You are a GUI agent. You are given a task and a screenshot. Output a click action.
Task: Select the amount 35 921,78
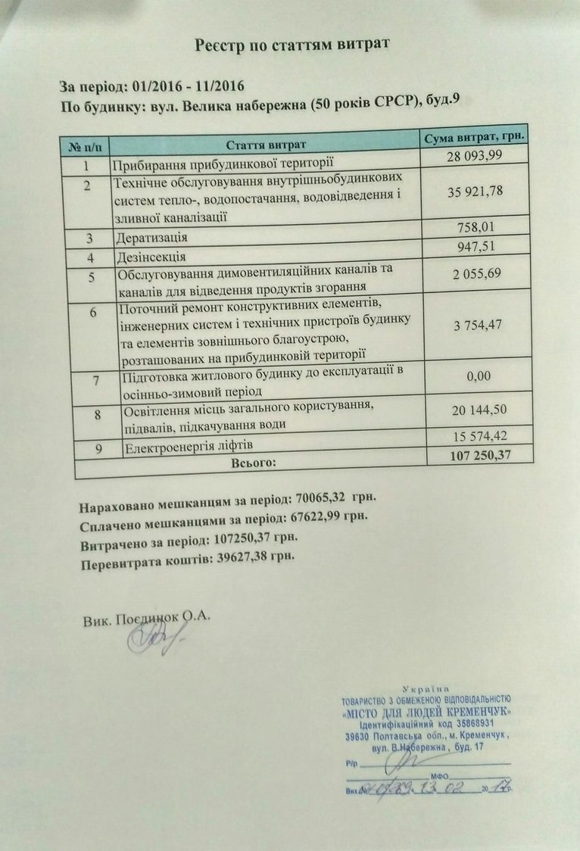(x=475, y=192)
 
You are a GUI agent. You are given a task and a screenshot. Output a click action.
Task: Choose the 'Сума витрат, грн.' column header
(x=475, y=137)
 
